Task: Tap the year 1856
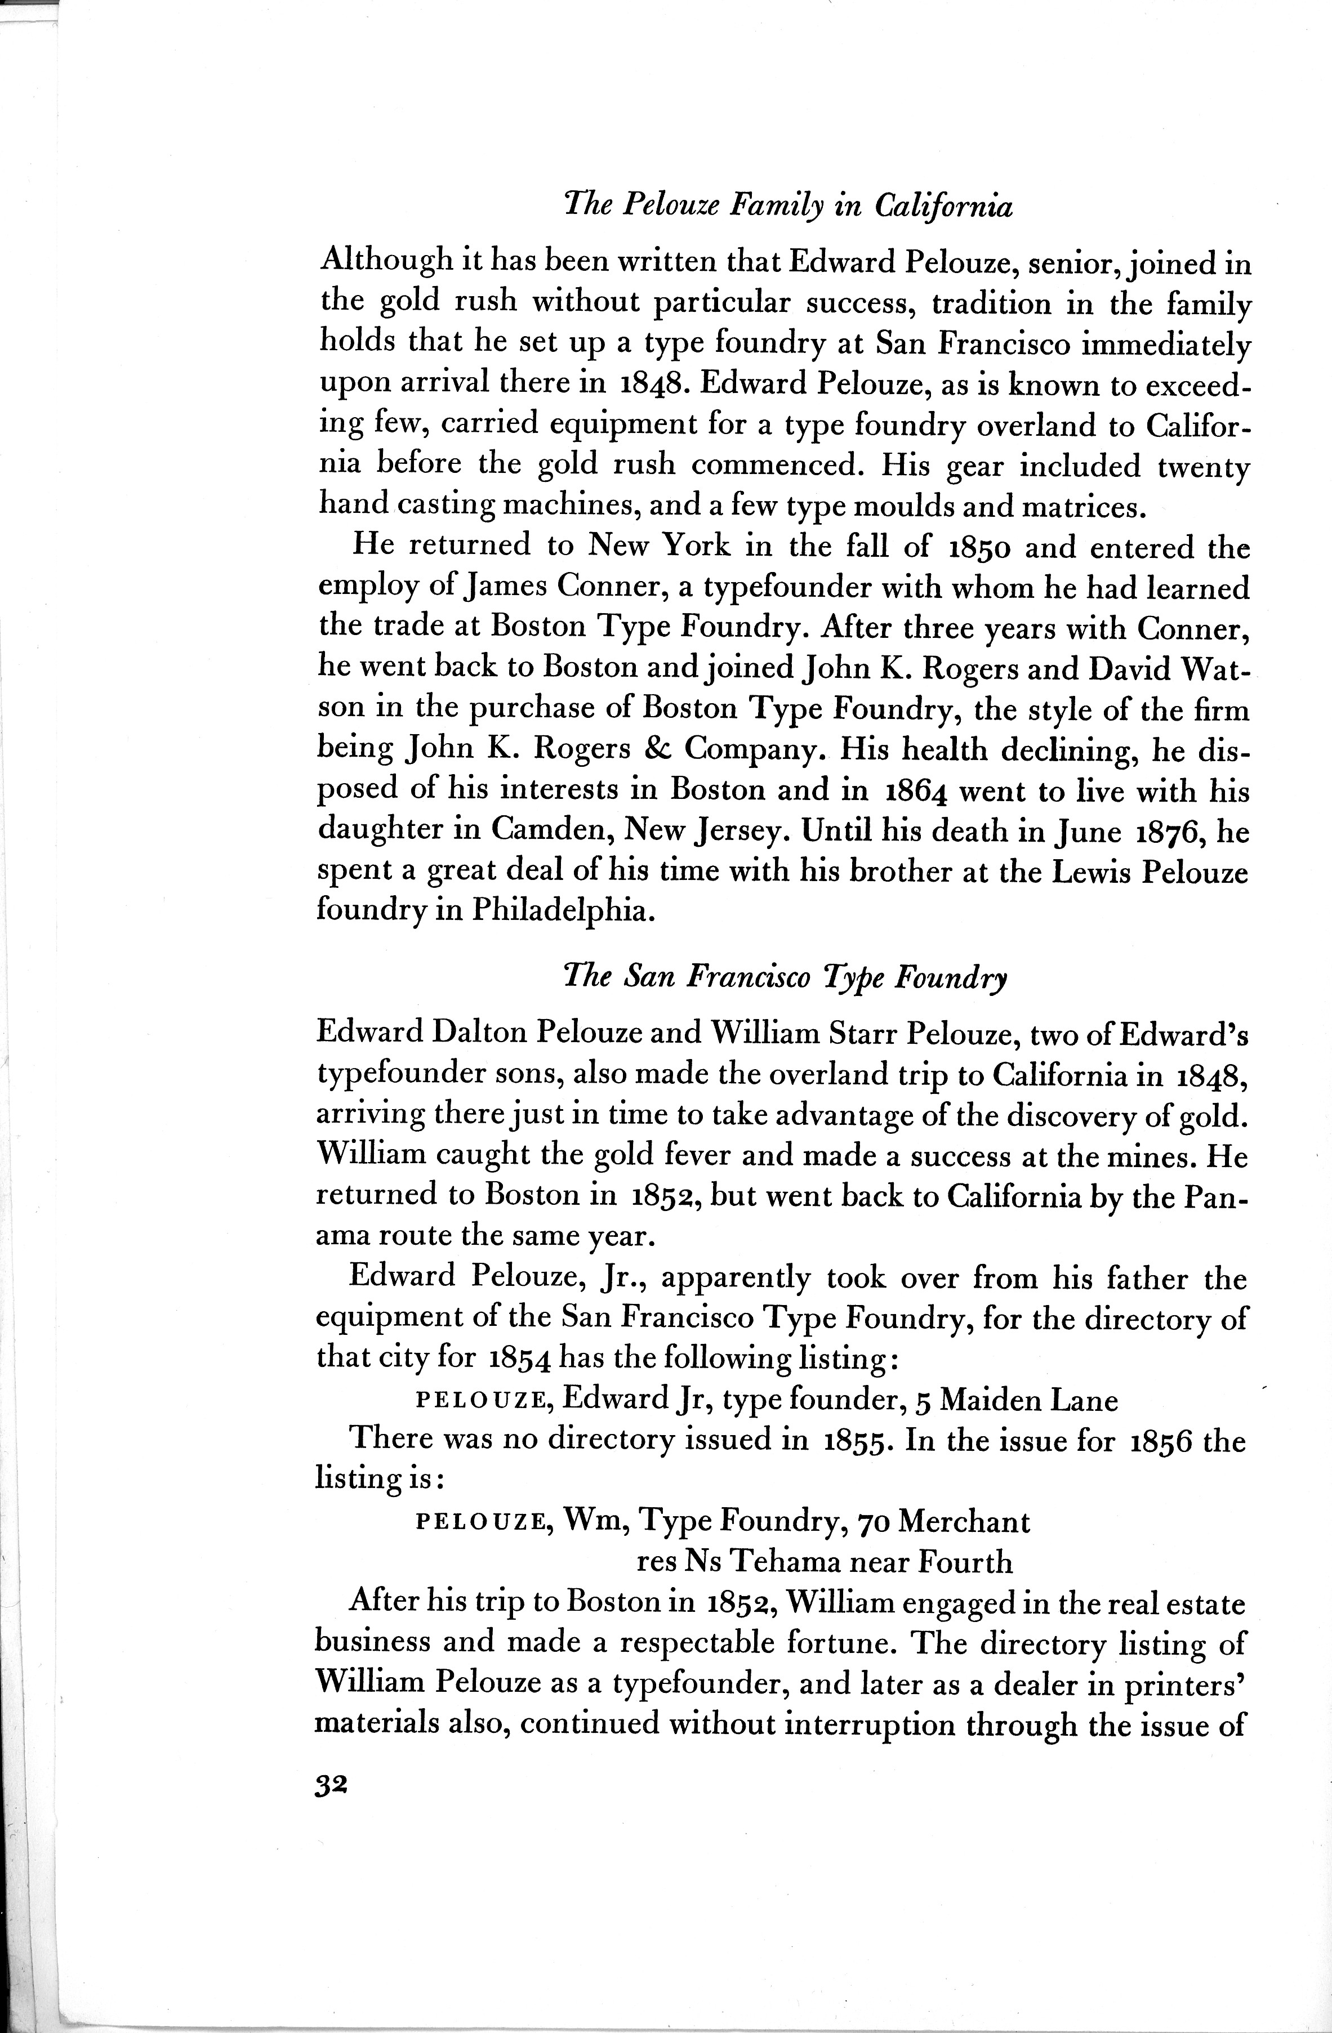point(1163,1442)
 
